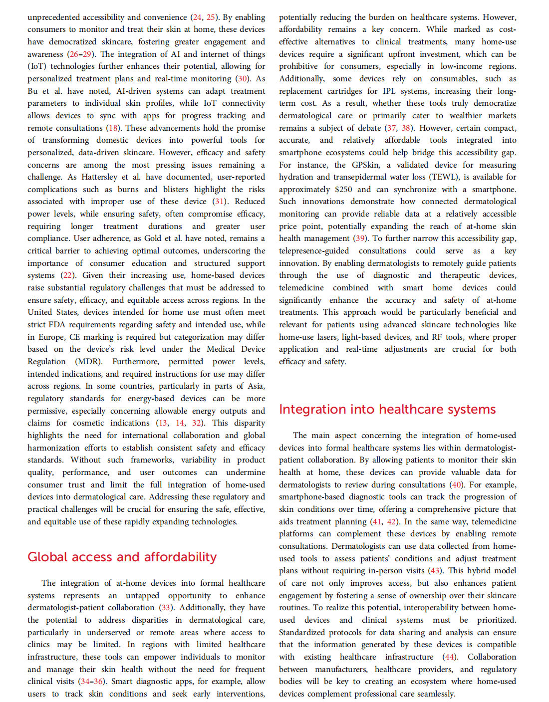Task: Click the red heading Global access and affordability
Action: tap(122, 557)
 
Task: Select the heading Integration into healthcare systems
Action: tap(387, 409)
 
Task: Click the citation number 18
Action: tap(114, 128)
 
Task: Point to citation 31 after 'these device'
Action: tap(219, 202)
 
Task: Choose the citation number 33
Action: tap(166, 608)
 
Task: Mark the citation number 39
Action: tap(360, 238)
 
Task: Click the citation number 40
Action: tap(456, 485)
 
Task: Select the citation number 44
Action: tap(449, 657)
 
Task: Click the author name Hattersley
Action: tap(99, 177)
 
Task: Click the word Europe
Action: tap(50, 337)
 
